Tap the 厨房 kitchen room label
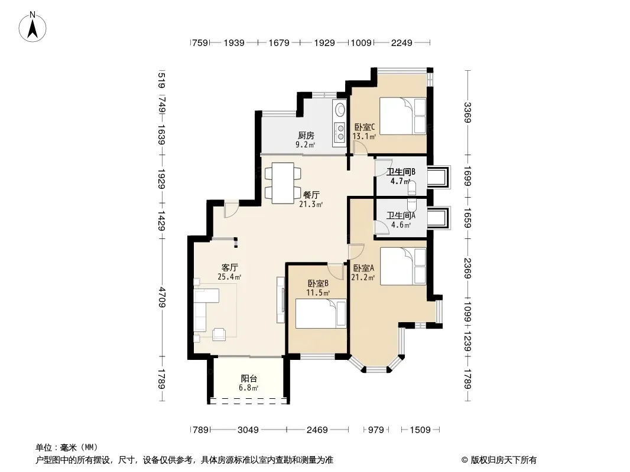[306, 135]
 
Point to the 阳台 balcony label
[249, 379]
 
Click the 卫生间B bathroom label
[401, 172]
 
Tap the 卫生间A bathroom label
[401, 216]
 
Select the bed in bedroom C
[402, 116]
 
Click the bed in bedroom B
[321, 313]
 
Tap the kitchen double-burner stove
[340, 132]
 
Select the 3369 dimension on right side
[467, 112]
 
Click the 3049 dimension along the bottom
[248, 430]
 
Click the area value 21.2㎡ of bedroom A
[363, 278]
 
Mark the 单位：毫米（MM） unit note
[67, 447]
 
